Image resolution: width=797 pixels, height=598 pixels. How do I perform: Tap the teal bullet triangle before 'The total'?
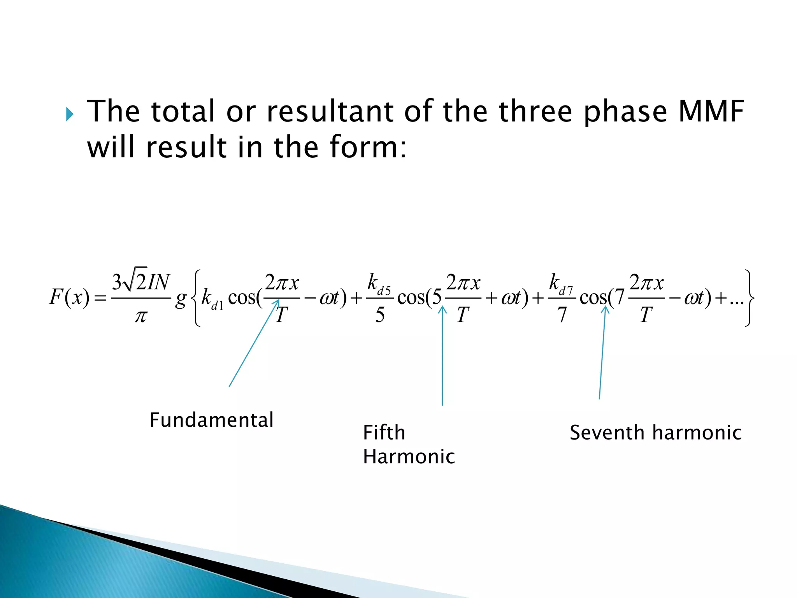tap(70, 114)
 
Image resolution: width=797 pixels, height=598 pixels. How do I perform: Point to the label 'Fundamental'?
tap(211, 420)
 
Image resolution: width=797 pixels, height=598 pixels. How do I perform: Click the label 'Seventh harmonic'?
tap(655, 433)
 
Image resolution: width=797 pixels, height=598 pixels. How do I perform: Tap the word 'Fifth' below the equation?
tap(384, 433)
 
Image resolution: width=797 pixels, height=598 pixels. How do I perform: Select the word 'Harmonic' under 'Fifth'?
tap(409, 457)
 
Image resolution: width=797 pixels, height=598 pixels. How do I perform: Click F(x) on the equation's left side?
tap(69, 298)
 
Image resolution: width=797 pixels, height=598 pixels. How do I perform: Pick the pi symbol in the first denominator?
tap(140, 316)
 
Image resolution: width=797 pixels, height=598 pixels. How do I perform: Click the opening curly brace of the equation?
tap(196, 298)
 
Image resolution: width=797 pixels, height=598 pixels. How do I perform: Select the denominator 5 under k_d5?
tap(380, 315)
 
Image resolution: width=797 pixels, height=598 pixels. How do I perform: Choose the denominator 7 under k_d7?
tap(562, 315)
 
